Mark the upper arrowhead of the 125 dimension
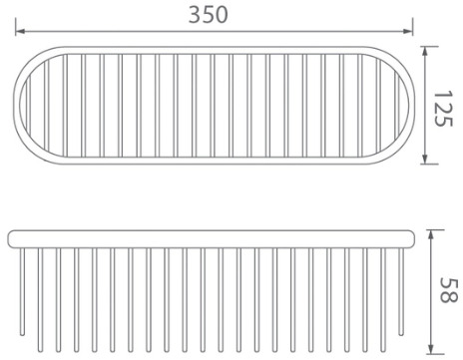[426, 51]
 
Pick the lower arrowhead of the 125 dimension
[426, 160]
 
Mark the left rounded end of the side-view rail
[11, 238]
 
